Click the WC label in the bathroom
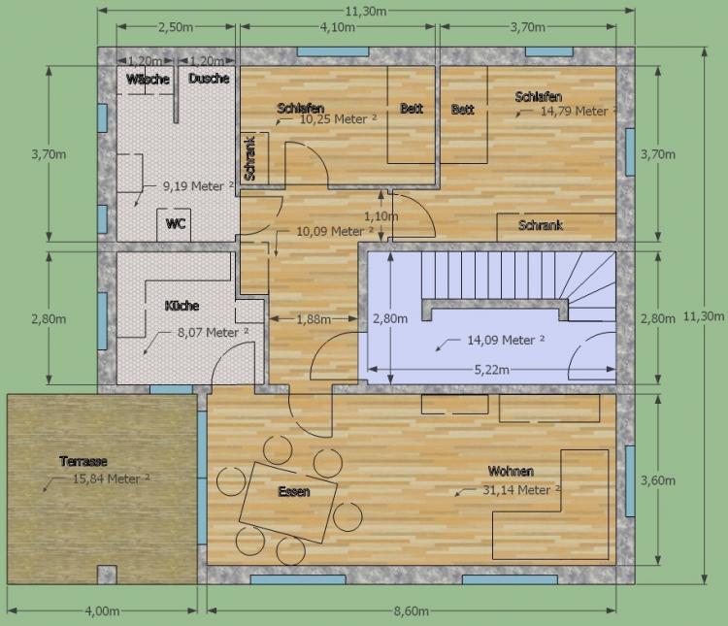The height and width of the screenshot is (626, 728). point(176,224)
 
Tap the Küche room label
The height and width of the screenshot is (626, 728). point(182,306)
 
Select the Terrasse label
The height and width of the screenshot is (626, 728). point(83,461)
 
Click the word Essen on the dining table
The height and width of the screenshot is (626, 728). point(294,491)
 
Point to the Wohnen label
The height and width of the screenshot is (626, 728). point(511,471)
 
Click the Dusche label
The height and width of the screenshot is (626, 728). point(209,78)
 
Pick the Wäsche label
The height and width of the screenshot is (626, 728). point(148,79)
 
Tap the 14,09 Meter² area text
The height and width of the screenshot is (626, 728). point(506,340)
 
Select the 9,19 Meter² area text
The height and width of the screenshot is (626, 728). point(198,185)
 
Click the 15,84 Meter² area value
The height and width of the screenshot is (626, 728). point(112,478)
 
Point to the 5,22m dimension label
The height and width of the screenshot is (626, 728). point(492,370)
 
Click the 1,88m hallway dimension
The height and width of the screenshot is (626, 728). point(314,319)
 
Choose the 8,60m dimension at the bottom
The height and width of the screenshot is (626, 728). point(412,611)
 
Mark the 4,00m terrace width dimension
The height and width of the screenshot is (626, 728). point(102,611)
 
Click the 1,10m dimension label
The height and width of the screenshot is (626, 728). point(381,215)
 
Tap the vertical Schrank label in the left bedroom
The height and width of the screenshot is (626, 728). point(249,158)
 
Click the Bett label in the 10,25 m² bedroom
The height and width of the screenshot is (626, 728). point(412,108)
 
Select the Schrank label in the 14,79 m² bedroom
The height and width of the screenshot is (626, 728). point(541,225)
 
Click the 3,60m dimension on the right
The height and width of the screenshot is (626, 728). point(658,480)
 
